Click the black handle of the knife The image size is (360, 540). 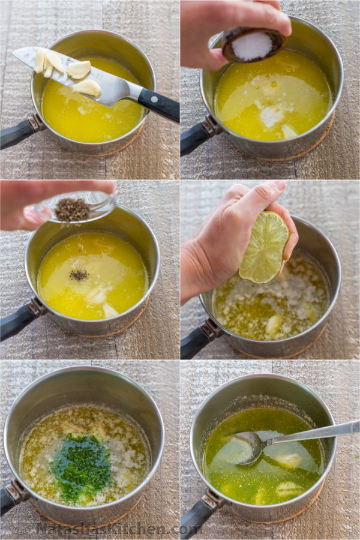pos(158,105)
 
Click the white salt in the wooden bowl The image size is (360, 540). pos(251,46)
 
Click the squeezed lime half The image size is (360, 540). pos(264,247)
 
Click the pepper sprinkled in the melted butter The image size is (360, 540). pos(79,275)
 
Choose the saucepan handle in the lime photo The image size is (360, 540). pos(200,338)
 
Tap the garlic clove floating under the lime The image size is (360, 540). pos(273,326)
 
